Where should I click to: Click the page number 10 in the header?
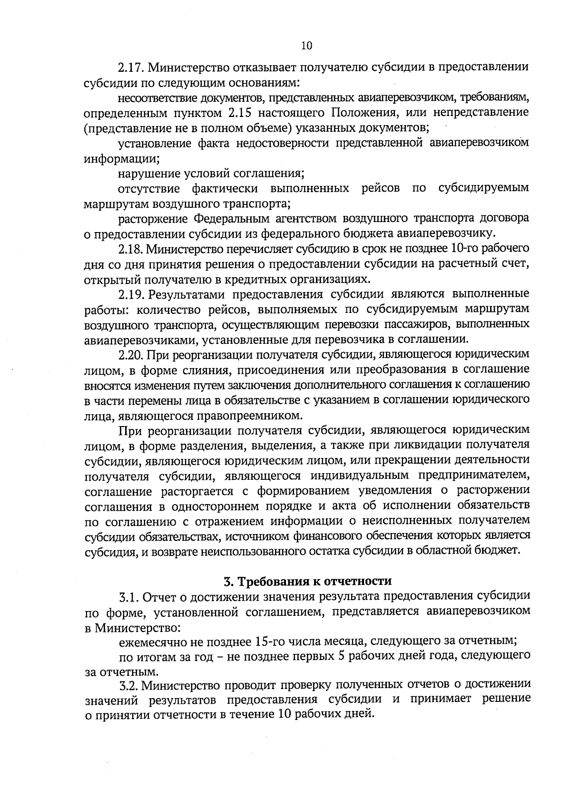pos(306,46)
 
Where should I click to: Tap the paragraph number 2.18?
pos(131,249)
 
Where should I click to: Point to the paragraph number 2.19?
pos(132,294)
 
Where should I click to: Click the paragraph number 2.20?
pos(132,355)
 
